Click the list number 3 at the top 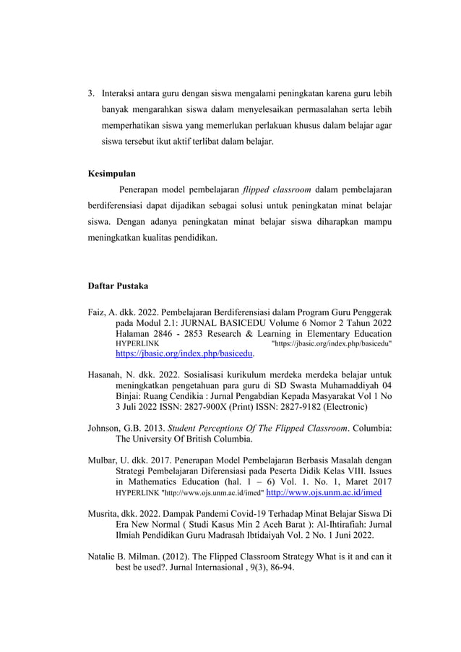[x=90, y=94]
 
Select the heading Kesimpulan [x=111, y=174]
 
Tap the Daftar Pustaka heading [x=117, y=287]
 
